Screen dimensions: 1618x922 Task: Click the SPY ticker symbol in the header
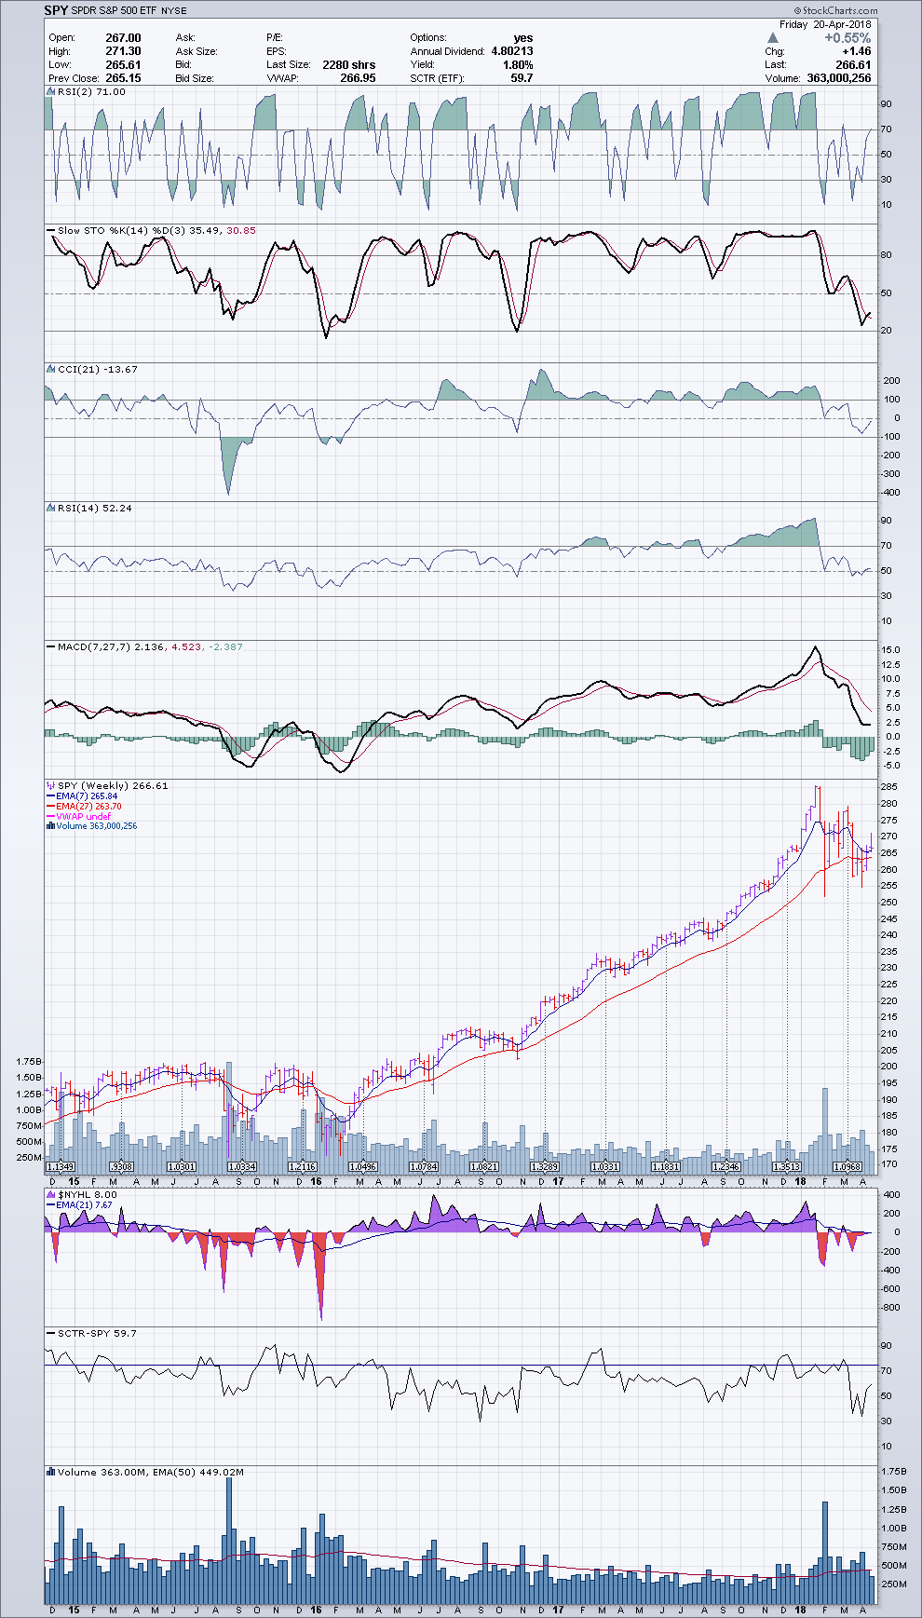click(x=56, y=10)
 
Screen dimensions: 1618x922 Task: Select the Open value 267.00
click(x=123, y=38)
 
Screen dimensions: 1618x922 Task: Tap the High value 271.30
click(x=123, y=51)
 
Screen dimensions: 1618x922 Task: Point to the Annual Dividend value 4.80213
click(x=511, y=51)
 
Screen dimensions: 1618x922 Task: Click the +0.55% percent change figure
click(x=847, y=38)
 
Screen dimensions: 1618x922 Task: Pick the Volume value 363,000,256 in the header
click(x=839, y=78)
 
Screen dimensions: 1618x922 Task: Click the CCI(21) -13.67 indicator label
click(x=98, y=369)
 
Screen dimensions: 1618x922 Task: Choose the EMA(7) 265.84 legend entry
click(x=87, y=796)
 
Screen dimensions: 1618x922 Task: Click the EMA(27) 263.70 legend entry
click(x=88, y=807)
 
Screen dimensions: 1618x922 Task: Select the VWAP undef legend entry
click(x=83, y=817)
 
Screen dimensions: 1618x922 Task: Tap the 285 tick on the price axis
click(x=888, y=787)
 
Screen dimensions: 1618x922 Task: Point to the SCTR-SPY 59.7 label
click(x=97, y=1333)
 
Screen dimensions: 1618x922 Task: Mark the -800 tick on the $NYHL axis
click(x=890, y=1308)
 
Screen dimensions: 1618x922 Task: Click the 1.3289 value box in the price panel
click(x=545, y=1166)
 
